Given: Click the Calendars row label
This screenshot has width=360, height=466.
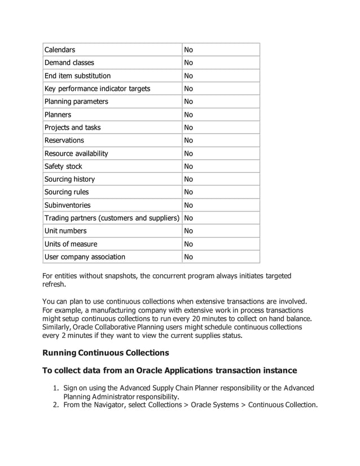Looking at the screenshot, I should tap(60, 50).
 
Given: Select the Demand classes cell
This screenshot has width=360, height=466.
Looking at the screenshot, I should tap(69, 63).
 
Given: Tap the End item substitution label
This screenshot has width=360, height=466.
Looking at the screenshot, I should tap(77, 76).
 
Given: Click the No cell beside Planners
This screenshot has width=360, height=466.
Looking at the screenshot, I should tap(188, 115).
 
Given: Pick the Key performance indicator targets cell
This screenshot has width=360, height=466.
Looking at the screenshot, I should tap(97, 89).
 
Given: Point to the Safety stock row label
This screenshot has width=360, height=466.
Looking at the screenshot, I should tap(63, 166).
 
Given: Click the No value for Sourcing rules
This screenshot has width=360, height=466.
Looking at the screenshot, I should tap(188, 192).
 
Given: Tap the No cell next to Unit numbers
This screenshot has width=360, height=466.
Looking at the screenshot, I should tap(188, 231).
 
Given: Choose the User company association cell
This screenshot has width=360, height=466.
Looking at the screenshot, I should tap(85, 257).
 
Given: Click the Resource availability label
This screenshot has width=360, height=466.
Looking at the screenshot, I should tap(76, 153).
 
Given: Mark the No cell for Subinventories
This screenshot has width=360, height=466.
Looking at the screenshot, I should tap(188, 205).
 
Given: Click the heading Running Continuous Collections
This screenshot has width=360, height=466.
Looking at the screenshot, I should tap(106, 353).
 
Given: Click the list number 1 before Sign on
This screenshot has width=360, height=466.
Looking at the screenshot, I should tap(55, 388).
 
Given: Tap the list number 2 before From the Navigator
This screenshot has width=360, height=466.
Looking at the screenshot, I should tap(55, 405).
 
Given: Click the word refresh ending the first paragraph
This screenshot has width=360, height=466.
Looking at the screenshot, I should tap(55, 285).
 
